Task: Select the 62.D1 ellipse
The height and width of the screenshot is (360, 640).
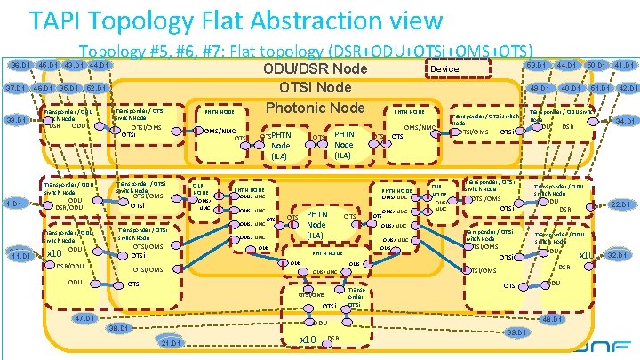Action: point(96,88)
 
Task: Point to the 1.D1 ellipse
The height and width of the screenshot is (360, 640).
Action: point(13,204)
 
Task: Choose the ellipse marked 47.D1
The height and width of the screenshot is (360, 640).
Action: point(85,318)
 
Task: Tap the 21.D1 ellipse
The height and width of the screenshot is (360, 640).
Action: point(172,343)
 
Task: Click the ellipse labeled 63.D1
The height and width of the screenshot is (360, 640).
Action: point(536,65)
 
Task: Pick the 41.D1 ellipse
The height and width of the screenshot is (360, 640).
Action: point(623,65)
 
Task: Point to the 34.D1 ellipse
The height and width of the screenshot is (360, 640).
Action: point(624,120)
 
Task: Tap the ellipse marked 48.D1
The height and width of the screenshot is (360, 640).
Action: point(552,319)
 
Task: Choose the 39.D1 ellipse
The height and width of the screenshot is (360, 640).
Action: point(513,332)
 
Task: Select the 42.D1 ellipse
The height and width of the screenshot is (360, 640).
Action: point(628,88)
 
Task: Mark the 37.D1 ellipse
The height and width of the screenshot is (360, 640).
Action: point(15,88)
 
